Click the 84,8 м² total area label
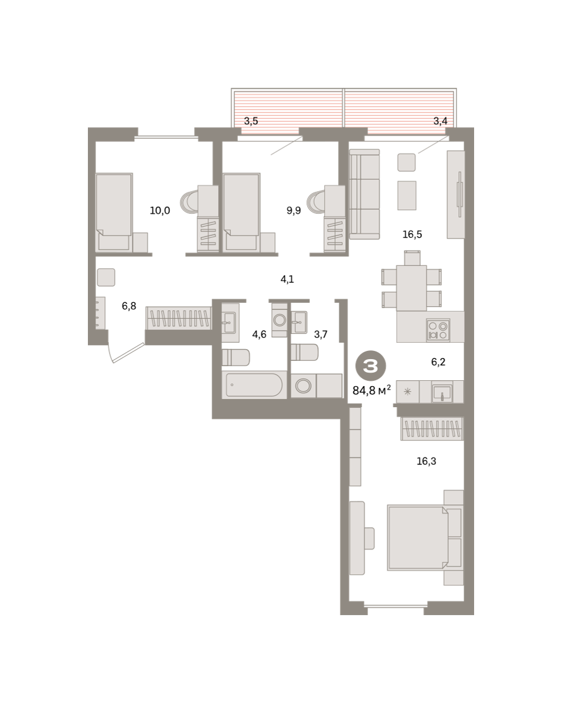tap(372, 390)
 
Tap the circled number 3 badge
tap(370, 366)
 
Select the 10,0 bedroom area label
tap(160, 210)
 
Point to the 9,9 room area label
tap(294, 210)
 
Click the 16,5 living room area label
tap(412, 234)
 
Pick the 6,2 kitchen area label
tap(438, 361)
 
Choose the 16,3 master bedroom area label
tap(427, 461)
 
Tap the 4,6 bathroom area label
tap(259, 334)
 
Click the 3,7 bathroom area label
tap(321, 334)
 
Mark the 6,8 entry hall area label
tap(129, 306)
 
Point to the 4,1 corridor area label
tap(287, 279)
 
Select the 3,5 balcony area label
tap(251, 121)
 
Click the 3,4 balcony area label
tap(440, 121)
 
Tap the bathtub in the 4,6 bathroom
tap(254, 384)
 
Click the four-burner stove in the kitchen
tap(438, 330)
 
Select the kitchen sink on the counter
tap(442, 393)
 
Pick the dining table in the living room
tap(411, 288)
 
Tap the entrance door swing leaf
tap(128, 353)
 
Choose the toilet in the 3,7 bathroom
tap(304, 352)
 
